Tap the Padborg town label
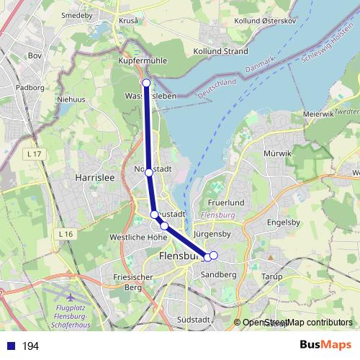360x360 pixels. click(30, 87)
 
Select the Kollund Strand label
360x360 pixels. click(220, 51)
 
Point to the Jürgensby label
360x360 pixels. click(212, 233)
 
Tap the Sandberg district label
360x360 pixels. click(219, 274)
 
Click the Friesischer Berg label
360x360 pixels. click(133, 282)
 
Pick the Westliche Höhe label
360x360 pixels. click(133, 237)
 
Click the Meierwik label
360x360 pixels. click(318, 113)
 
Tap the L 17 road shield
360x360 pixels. click(31, 153)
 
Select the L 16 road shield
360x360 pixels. click(67, 234)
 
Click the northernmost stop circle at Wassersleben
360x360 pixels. click(146, 83)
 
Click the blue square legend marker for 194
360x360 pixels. click(11, 346)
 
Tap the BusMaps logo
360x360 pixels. click(325, 346)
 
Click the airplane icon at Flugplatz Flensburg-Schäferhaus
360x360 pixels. click(70, 297)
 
